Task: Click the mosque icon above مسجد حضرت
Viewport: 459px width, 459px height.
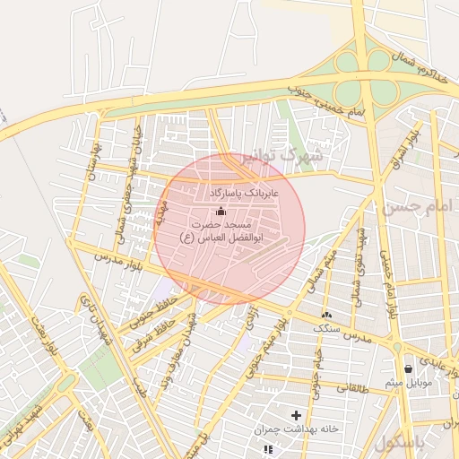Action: [x=221, y=210]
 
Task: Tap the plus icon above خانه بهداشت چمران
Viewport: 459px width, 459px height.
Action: [x=296, y=415]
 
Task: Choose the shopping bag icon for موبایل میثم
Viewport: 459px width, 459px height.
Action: [x=409, y=368]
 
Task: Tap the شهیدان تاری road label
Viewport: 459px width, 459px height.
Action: [x=97, y=320]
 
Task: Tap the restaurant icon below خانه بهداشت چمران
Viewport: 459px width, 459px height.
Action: [x=267, y=448]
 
